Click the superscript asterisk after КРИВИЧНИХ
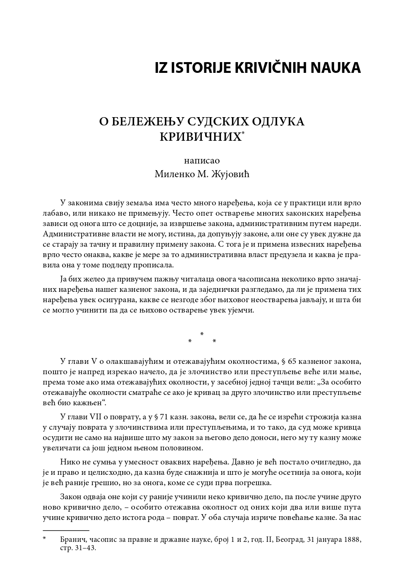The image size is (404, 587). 243,133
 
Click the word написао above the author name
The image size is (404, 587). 202,161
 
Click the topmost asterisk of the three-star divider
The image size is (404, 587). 202,334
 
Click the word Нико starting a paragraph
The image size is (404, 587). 70,461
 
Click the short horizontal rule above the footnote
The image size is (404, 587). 66,530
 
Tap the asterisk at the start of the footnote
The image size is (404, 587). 44,539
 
